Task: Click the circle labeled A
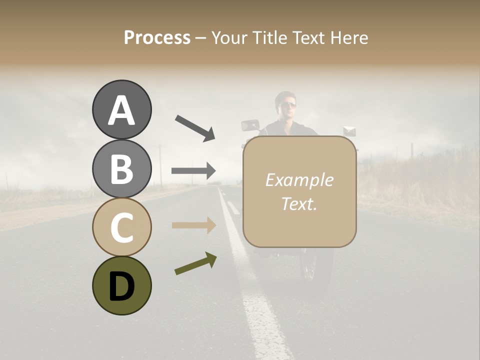pos(121,109)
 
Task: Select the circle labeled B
pos(121,168)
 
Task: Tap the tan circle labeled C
pos(121,227)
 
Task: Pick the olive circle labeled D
pos(121,285)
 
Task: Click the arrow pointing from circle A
pos(195,127)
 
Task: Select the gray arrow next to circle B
pos(193,171)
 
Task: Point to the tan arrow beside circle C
pos(193,225)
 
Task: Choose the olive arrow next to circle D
pos(195,263)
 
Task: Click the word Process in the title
pos(157,37)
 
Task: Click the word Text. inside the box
pos(299,204)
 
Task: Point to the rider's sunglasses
pos(288,104)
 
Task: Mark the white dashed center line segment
pos(233,207)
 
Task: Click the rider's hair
pos(286,94)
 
